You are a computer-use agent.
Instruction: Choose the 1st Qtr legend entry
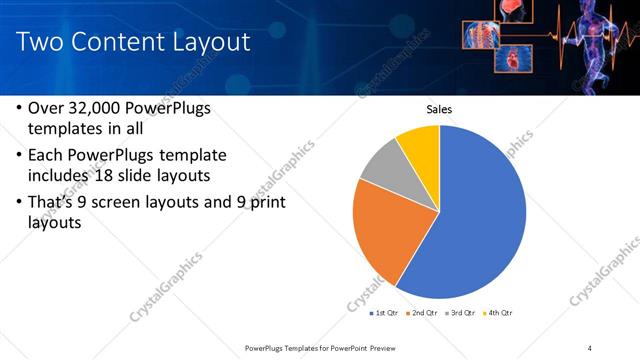(383, 313)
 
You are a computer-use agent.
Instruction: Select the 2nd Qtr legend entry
(425, 313)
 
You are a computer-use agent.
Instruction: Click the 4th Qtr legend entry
(499, 313)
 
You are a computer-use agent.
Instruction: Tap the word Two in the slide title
(40, 42)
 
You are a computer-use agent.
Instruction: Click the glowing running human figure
(591, 45)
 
